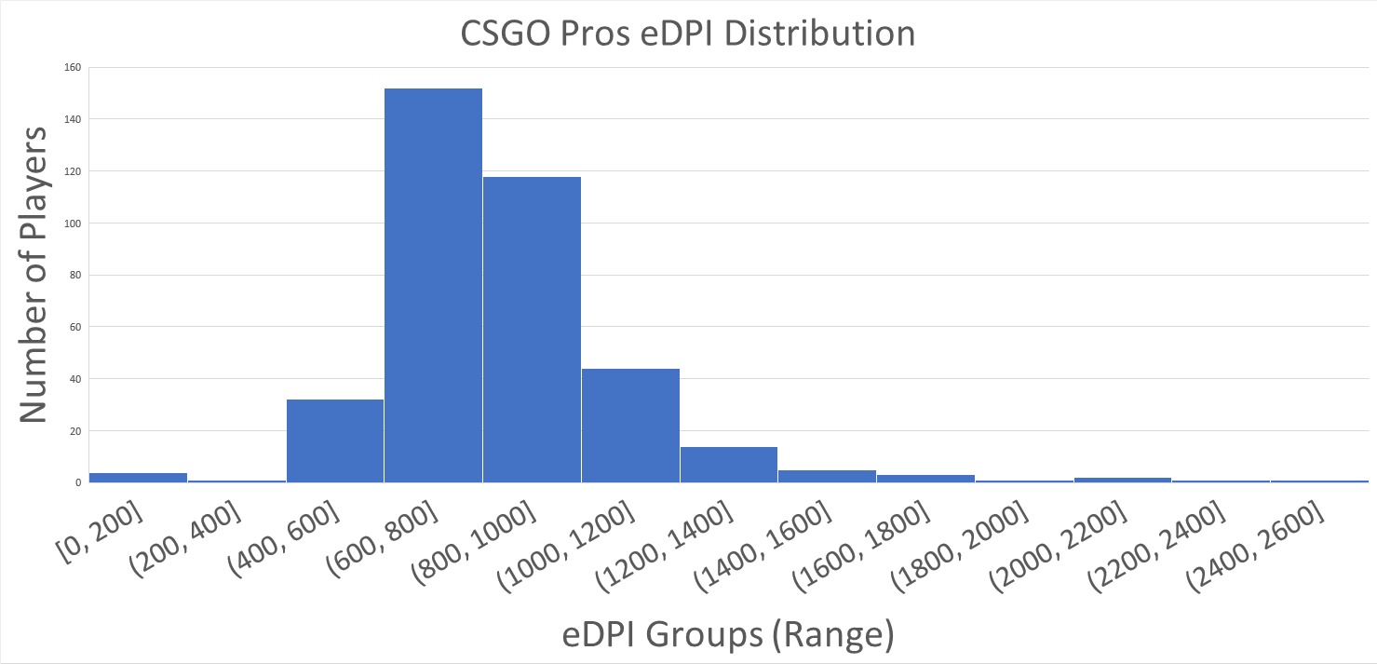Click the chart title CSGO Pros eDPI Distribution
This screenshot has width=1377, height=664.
tap(688, 34)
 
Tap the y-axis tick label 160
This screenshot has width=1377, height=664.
tap(74, 67)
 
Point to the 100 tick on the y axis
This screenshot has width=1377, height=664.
tap(74, 224)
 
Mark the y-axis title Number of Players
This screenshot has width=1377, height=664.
tap(34, 275)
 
